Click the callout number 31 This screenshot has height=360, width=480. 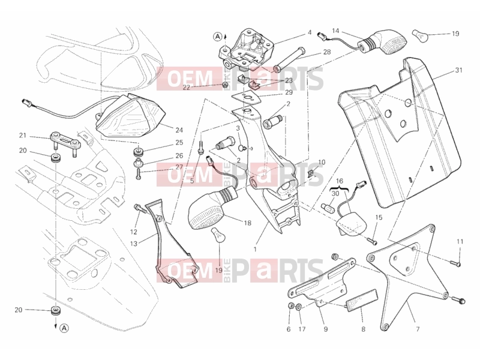pyautogui.click(x=458, y=70)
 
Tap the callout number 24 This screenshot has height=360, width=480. pyautogui.click(x=179, y=130)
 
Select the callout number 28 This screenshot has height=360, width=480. pyautogui.click(x=327, y=52)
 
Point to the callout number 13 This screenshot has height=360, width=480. pyautogui.click(x=133, y=244)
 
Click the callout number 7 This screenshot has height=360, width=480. pyautogui.click(x=418, y=329)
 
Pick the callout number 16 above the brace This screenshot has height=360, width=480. pyautogui.click(x=339, y=181)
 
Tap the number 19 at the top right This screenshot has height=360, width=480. pyautogui.click(x=455, y=34)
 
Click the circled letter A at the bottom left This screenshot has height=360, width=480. pyautogui.click(x=64, y=328)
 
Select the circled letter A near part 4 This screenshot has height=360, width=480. pyautogui.click(x=217, y=37)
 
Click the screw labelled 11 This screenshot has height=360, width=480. pyautogui.click(x=455, y=262)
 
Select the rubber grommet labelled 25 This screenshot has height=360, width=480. pyautogui.click(x=139, y=152)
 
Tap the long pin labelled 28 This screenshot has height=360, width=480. pyautogui.click(x=287, y=59)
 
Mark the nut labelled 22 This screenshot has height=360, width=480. pyautogui.click(x=224, y=85)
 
